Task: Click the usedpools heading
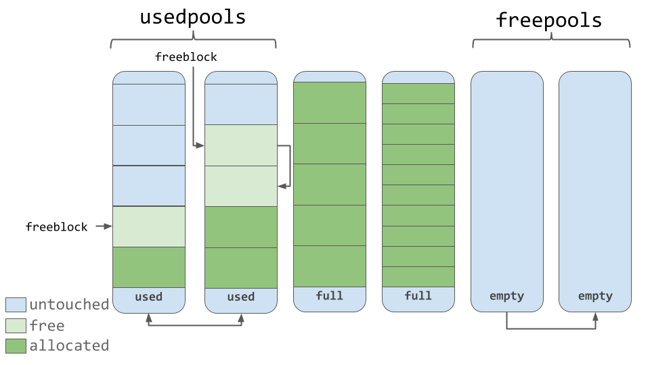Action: (192, 18)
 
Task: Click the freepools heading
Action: (548, 20)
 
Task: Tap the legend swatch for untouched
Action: (16, 305)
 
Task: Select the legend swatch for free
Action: (16, 326)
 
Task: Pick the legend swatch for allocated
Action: (16, 346)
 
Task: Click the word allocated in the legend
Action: (69, 345)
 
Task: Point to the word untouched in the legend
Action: (69, 305)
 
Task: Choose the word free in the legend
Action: (47, 326)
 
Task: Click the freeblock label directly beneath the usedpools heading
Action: (186, 57)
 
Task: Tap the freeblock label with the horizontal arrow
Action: (56, 227)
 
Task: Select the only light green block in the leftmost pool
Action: (149, 226)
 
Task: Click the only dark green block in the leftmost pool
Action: (149, 267)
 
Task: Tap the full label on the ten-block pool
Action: (418, 296)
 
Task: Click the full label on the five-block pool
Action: (329, 296)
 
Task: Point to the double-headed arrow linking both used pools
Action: (195, 326)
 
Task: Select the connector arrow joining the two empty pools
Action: (551, 328)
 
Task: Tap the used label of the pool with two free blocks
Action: (240, 297)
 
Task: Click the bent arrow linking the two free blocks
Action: (290, 166)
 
